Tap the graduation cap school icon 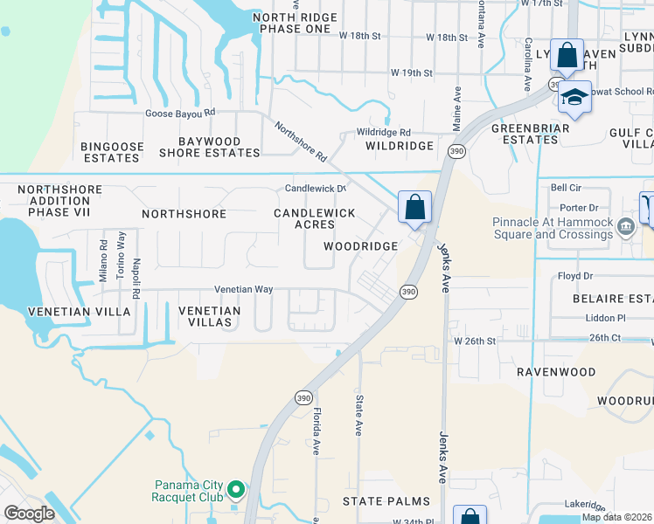click(x=575, y=97)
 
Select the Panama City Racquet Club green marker click(x=235, y=489)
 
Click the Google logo click(x=30, y=514)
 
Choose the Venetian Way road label click(x=244, y=289)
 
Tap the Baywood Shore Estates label click(x=209, y=147)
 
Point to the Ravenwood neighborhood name click(x=555, y=372)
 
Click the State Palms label click(x=386, y=501)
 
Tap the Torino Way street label click(x=122, y=252)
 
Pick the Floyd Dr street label click(x=575, y=276)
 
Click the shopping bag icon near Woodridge click(x=415, y=209)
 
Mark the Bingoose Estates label click(x=110, y=152)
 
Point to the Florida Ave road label click(x=317, y=431)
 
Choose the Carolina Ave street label click(x=528, y=65)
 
